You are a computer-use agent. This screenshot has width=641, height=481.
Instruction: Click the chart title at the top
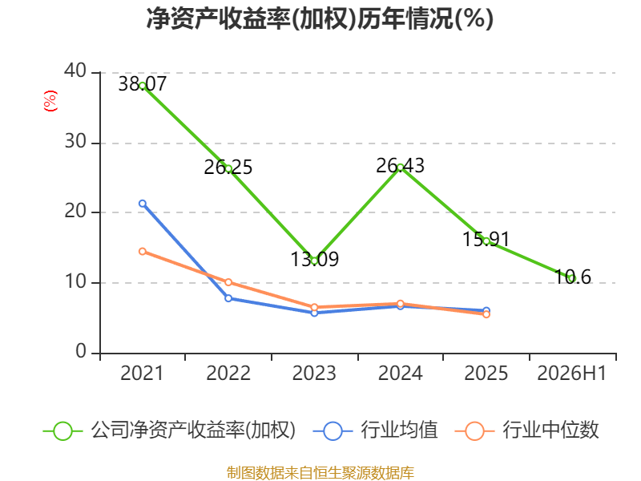(320, 18)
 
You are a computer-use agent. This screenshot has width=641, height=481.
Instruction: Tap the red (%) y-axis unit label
(50, 101)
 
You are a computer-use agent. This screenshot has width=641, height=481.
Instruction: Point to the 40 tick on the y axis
(75, 71)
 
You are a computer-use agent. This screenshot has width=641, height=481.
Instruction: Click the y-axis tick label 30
(75, 142)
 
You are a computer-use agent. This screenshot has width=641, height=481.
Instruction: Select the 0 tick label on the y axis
(81, 351)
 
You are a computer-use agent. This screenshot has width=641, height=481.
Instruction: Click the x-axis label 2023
(314, 373)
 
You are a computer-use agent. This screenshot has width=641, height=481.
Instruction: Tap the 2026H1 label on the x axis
(571, 373)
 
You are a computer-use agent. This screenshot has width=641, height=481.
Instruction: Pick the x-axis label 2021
(142, 373)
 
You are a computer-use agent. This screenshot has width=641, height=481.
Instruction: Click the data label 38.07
(143, 84)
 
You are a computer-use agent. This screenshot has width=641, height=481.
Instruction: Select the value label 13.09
(314, 259)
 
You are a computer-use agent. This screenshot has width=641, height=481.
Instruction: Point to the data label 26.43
(400, 166)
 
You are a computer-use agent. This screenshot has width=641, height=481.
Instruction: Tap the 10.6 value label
(573, 277)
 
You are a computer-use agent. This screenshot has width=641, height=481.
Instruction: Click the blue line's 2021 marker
(143, 204)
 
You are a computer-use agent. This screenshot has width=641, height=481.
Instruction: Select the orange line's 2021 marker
(143, 252)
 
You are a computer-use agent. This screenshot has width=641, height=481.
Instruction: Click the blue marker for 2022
(228, 298)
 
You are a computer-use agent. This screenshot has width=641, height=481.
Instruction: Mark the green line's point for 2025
(486, 241)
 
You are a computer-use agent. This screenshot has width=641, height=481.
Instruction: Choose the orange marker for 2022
(228, 282)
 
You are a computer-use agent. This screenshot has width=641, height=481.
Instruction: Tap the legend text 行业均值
(399, 430)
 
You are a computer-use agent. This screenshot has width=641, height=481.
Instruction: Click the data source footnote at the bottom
(320, 473)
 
